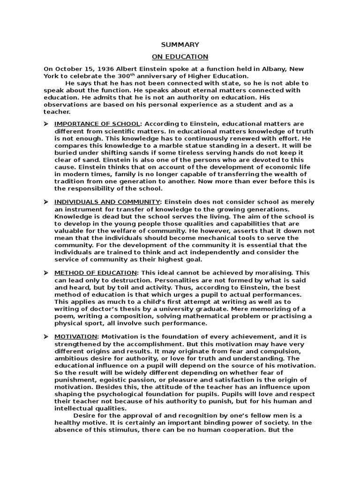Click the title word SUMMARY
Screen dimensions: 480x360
point(180,45)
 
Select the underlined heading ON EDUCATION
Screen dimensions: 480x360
point(180,57)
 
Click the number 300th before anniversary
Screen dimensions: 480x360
point(136,76)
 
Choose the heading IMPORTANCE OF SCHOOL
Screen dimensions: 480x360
point(97,124)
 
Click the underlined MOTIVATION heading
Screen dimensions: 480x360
point(76,337)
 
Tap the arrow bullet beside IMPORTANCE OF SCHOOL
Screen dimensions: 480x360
point(46,124)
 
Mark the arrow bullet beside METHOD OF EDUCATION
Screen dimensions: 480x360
point(46,272)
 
